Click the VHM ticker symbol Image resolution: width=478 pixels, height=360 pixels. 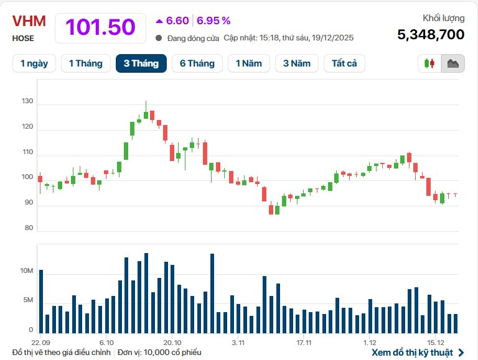(x=29, y=21)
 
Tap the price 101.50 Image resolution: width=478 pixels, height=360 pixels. (x=100, y=27)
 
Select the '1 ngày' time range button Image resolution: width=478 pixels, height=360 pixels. (x=34, y=63)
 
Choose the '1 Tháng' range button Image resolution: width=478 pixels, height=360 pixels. (x=85, y=63)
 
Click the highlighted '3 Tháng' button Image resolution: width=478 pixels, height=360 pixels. (x=141, y=63)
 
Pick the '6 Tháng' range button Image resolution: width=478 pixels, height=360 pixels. (x=197, y=63)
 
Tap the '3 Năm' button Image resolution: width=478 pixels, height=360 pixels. (x=296, y=63)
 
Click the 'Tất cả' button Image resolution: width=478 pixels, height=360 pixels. (x=344, y=63)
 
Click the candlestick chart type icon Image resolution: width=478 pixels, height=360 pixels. (x=429, y=63)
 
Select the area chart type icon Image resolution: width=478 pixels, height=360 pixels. (x=453, y=63)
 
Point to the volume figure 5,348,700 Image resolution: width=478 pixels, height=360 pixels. (x=431, y=34)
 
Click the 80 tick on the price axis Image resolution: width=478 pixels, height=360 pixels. (x=28, y=228)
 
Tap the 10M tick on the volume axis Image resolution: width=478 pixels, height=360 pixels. (x=26, y=271)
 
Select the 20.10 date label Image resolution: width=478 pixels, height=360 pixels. (x=172, y=343)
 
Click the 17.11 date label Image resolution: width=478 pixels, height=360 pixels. (x=304, y=343)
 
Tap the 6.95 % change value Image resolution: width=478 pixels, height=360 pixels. (x=213, y=21)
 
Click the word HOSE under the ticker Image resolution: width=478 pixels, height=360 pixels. (x=23, y=39)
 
